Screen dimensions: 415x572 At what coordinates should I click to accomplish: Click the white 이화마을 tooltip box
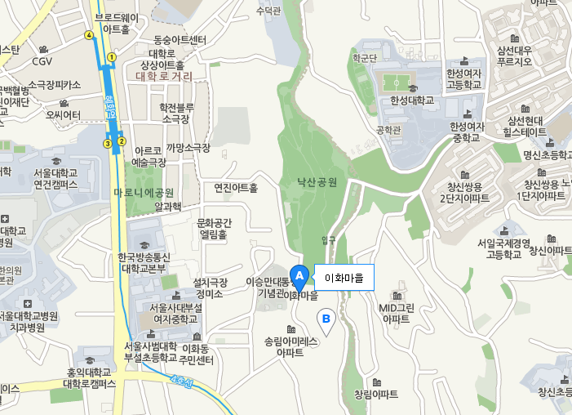click(344, 278)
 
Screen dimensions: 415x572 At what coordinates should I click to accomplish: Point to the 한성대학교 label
click(413, 100)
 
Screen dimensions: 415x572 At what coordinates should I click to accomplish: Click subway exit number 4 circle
click(88, 34)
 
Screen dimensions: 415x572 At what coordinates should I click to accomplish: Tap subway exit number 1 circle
click(112, 56)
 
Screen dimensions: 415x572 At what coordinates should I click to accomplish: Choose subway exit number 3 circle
click(107, 144)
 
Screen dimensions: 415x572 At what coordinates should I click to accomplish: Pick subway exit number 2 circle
click(121, 141)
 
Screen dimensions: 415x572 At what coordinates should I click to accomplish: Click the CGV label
click(42, 60)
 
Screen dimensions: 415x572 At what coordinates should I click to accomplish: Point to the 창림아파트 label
click(376, 394)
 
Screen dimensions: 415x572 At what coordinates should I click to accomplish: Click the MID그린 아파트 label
click(397, 313)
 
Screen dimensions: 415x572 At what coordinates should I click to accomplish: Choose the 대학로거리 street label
click(165, 76)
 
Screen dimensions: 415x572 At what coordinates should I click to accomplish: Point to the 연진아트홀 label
click(235, 187)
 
